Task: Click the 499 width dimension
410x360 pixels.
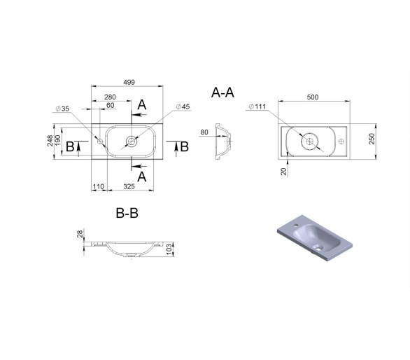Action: (129, 82)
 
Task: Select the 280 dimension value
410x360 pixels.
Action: (110, 97)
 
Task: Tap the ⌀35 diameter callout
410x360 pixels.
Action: (62, 109)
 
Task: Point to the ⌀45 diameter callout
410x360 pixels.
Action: (183, 107)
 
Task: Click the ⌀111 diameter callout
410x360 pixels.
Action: (257, 106)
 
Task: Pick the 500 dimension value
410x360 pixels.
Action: (313, 97)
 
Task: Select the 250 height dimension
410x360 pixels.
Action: (372, 139)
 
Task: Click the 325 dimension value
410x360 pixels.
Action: (129, 186)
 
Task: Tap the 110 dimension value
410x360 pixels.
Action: (99, 187)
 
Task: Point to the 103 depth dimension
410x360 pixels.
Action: (169, 249)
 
